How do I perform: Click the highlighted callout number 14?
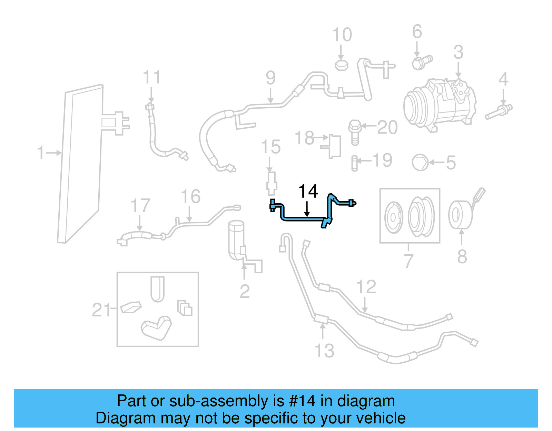pyautogui.click(x=308, y=191)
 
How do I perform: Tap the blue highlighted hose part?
pyautogui.click(x=304, y=218)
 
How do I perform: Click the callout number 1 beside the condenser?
pyautogui.click(x=41, y=153)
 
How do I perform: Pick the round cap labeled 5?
pyautogui.click(x=420, y=163)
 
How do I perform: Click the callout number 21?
pyautogui.click(x=101, y=310)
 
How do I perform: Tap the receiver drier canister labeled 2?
pyautogui.click(x=236, y=239)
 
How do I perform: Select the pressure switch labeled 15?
pyautogui.click(x=272, y=183)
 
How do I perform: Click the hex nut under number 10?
pyautogui.click(x=342, y=65)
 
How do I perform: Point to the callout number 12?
pyautogui.click(x=366, y=287)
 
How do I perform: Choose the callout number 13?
pyautogui.click(x=325, y=351)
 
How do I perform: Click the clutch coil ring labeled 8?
pyautogui.click(x=460, y=215)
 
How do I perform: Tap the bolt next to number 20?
pyautogui.click(x=355, y=132)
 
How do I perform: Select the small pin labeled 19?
pyautogui.click(x=354, y=163)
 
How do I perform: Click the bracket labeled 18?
pyautogui.click(x=333, y=146)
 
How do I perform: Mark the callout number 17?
pyautogui.click(x=140, y=206)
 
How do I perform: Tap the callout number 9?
pyautogui.click(x=271, y=78)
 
